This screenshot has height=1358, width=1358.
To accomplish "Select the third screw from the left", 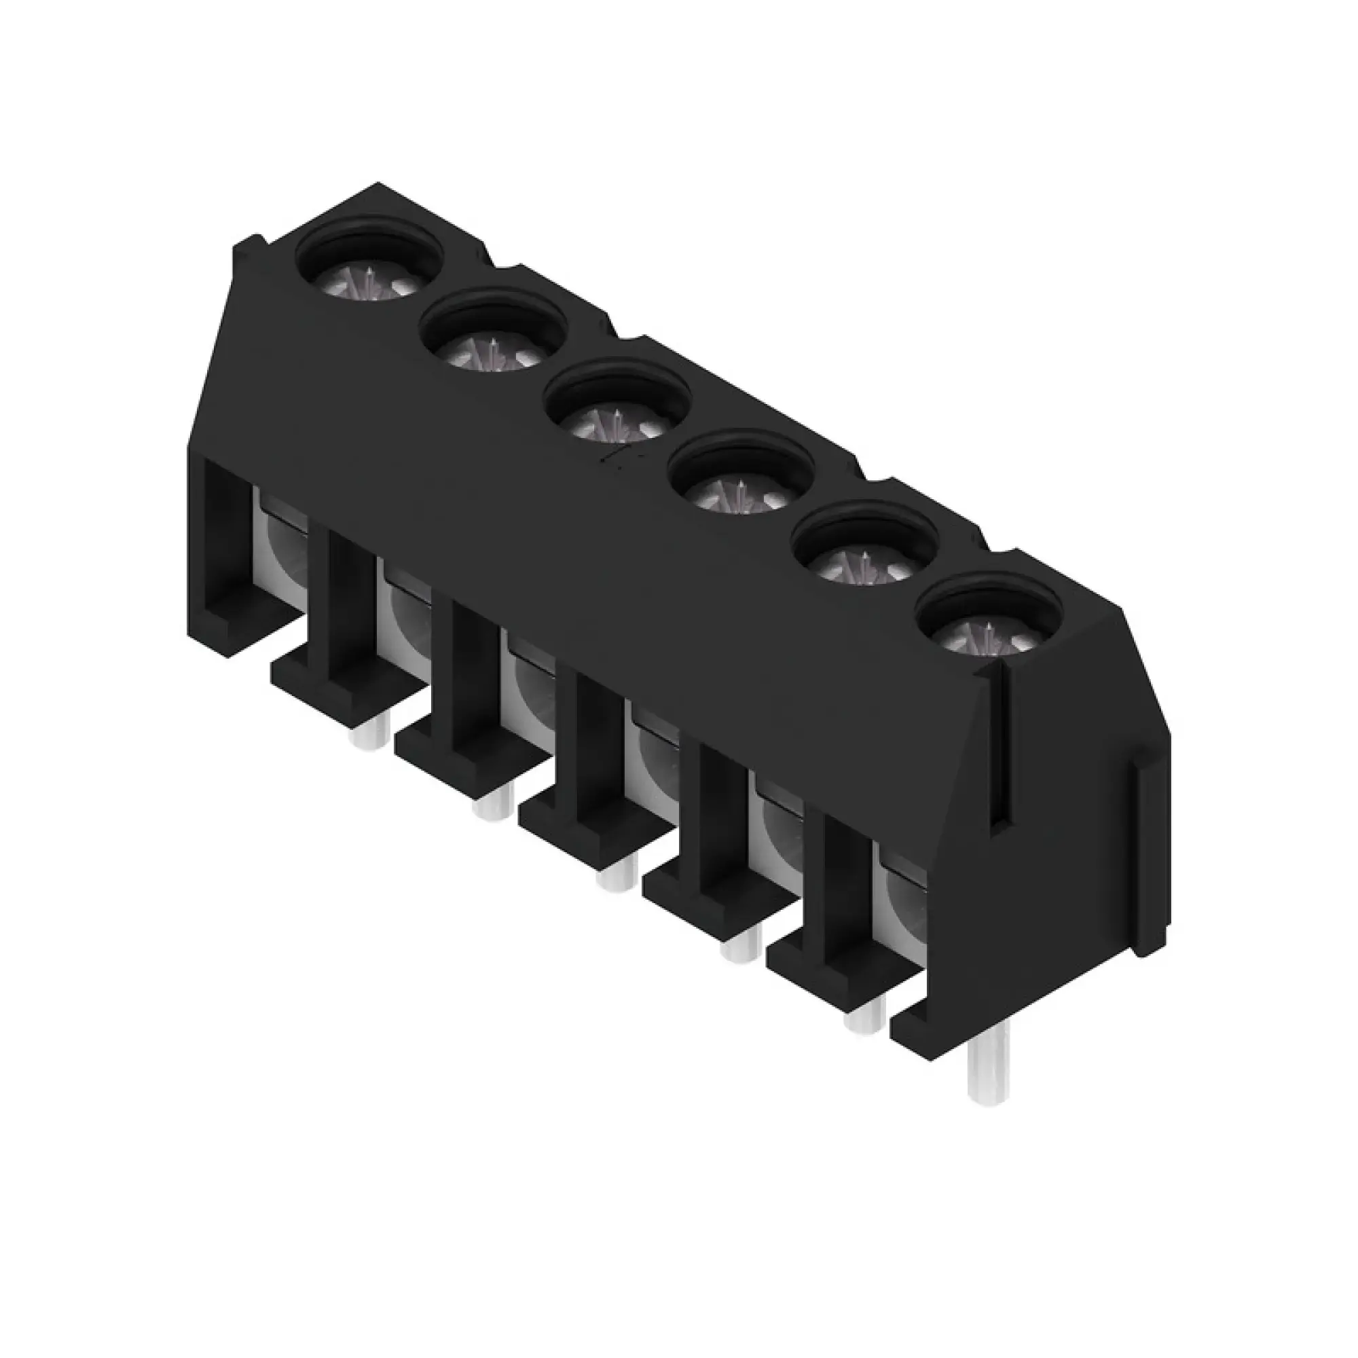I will point(617,419).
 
